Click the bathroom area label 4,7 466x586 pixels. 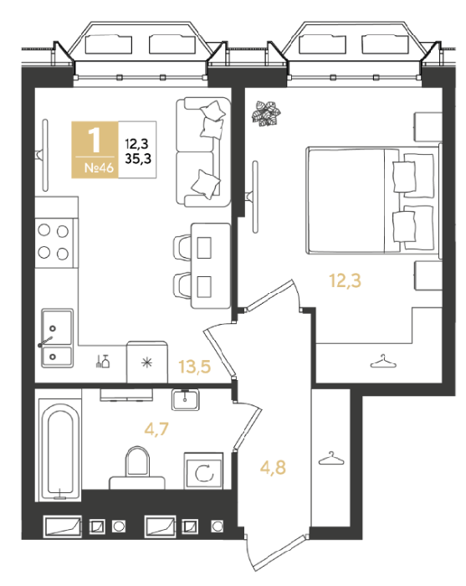156,429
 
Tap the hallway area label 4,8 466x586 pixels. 273,467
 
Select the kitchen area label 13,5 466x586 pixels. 195,367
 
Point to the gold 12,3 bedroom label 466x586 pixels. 345,280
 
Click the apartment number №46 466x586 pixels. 99,167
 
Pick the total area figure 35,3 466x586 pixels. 138,158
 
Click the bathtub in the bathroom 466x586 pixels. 59,450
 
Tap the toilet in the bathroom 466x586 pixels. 137,468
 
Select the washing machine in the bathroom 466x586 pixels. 204,470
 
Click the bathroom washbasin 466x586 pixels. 185,399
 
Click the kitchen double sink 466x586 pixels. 57,338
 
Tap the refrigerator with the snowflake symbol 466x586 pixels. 147,362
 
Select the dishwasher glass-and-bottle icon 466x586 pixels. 103,361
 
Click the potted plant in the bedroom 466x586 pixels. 266,113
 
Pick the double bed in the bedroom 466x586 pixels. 373,200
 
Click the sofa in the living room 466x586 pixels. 203,152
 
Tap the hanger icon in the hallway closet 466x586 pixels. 331,459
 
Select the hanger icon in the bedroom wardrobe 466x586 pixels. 383,361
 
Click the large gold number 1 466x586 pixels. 95,140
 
